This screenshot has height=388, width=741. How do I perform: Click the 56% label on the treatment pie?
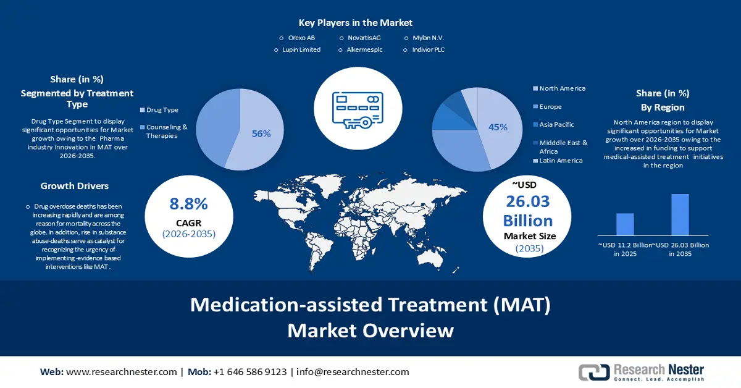click(x=261, y=133)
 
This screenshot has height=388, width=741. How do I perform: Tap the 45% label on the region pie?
click(x=498, y=127)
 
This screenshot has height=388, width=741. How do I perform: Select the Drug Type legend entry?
click(x=162, y=110)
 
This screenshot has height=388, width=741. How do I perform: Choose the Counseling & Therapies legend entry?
click(x=166, y=131)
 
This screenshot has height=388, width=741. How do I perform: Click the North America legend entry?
click(x=562, y=88)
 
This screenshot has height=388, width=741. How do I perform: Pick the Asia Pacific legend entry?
click(x=556, y=124)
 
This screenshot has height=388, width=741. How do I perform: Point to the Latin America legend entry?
click(x=560, y=161)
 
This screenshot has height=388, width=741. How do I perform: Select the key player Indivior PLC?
click(x=428, y=49)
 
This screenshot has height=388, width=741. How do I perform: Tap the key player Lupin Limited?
click(x=301, y=49)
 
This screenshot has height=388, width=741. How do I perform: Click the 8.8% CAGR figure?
click(x=188, y=205)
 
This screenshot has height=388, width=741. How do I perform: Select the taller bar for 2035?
click(x=680, y=214)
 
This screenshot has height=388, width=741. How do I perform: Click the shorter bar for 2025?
click(x=625, y=224)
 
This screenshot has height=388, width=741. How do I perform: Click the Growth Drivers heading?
click(x=75, y=185)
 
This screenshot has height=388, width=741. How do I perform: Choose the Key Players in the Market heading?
click(x=355, y=23)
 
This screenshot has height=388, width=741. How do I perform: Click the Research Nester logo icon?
click(x=593, y=372)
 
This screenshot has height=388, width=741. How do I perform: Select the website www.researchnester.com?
click(x=121, y=372)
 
